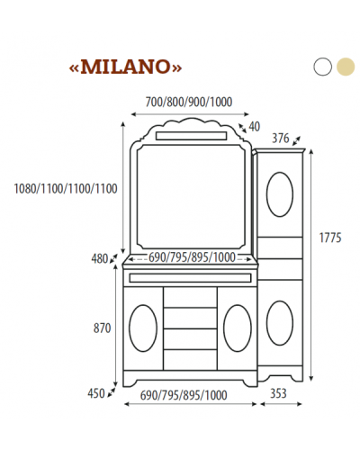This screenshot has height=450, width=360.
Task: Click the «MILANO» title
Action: tap(126, 67)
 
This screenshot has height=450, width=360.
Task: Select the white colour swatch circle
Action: tap(323, 67)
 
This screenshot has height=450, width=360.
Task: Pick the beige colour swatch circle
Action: tap(345, 67)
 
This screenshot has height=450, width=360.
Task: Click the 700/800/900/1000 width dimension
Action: tap(188, 103)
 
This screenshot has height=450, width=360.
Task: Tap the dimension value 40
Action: tap(254, 126)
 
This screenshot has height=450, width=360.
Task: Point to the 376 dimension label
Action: tap(281, 138)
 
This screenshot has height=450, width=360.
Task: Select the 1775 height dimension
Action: tap(330, 238)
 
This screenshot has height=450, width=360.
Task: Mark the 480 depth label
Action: tap(99, 258)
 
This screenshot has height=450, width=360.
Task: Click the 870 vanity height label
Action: tap(101, 328)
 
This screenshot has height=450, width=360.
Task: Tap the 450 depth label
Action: tap(96, 392)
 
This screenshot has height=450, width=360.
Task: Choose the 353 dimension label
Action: tap(280, 394)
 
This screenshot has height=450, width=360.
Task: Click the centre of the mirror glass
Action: tap(192, 197)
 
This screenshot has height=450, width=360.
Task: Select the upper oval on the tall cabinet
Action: tap(281, 193)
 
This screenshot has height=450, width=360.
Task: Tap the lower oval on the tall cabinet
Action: tap(280, 323)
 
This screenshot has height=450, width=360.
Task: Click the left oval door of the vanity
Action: tap(143, 327)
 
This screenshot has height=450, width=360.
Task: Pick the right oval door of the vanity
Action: tap(237, 327)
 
